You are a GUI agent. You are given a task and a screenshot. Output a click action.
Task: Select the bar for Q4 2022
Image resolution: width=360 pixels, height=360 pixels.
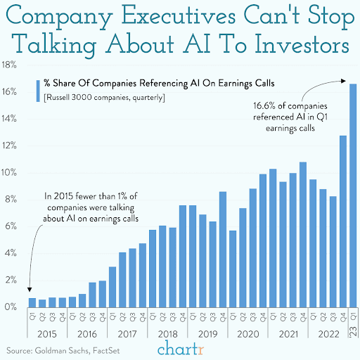tap(342, 221)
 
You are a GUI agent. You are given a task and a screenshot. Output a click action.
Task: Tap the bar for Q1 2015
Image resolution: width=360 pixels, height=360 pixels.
tap(32, 302)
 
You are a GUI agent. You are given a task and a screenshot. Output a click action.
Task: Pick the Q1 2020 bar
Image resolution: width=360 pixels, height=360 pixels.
tap(233, 269)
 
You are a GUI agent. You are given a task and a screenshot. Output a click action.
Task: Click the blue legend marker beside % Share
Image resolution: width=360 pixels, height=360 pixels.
tap(36, 89)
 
